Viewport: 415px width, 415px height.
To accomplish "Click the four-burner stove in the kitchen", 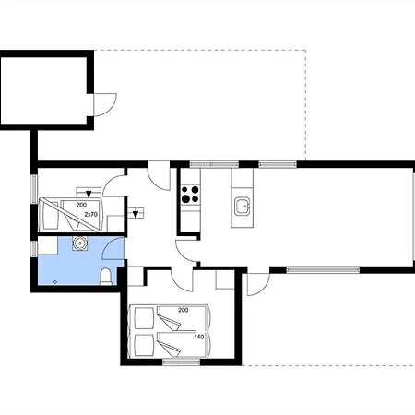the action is coord(190,195).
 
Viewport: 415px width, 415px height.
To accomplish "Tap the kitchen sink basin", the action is coord(243,207).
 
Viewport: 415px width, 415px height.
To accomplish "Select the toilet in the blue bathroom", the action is coord(106,277).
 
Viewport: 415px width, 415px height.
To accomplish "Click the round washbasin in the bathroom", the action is coord(80,243).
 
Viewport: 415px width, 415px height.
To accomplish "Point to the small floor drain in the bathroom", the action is coord(55,282).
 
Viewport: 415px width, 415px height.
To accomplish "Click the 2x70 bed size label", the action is coord(91,214).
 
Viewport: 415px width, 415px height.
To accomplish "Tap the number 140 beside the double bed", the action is coord(199,337).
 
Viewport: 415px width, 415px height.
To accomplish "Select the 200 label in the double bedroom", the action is coord(184,310).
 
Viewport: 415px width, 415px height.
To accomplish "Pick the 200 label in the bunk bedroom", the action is coord(81,205).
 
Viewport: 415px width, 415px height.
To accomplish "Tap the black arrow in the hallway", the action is coord(136,214).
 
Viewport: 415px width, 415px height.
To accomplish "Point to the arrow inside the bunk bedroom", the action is coord(89,194).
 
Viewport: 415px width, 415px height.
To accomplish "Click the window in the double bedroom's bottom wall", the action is coord(182,362).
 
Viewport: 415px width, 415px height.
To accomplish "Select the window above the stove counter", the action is coord(214,165).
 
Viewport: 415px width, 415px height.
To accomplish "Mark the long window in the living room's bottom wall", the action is coord(323,270).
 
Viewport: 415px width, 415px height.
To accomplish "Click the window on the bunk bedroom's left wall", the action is coord(33,189).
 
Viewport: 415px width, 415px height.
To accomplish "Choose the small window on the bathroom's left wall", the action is coord(33,249).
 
